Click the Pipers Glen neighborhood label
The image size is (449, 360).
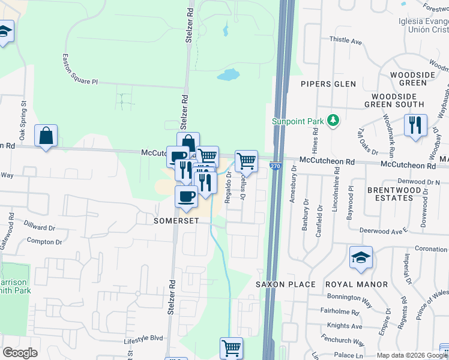point(328,84)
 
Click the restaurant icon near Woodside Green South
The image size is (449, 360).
point(415,125)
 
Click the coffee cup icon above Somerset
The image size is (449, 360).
point(186,196)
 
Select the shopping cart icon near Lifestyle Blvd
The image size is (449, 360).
point(231,347)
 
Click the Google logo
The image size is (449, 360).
point(20,353)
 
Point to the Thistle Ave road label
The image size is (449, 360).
point(346,41)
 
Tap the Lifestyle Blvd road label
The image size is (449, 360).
point(143,338)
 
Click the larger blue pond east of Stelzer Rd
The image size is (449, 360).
point(228,75)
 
